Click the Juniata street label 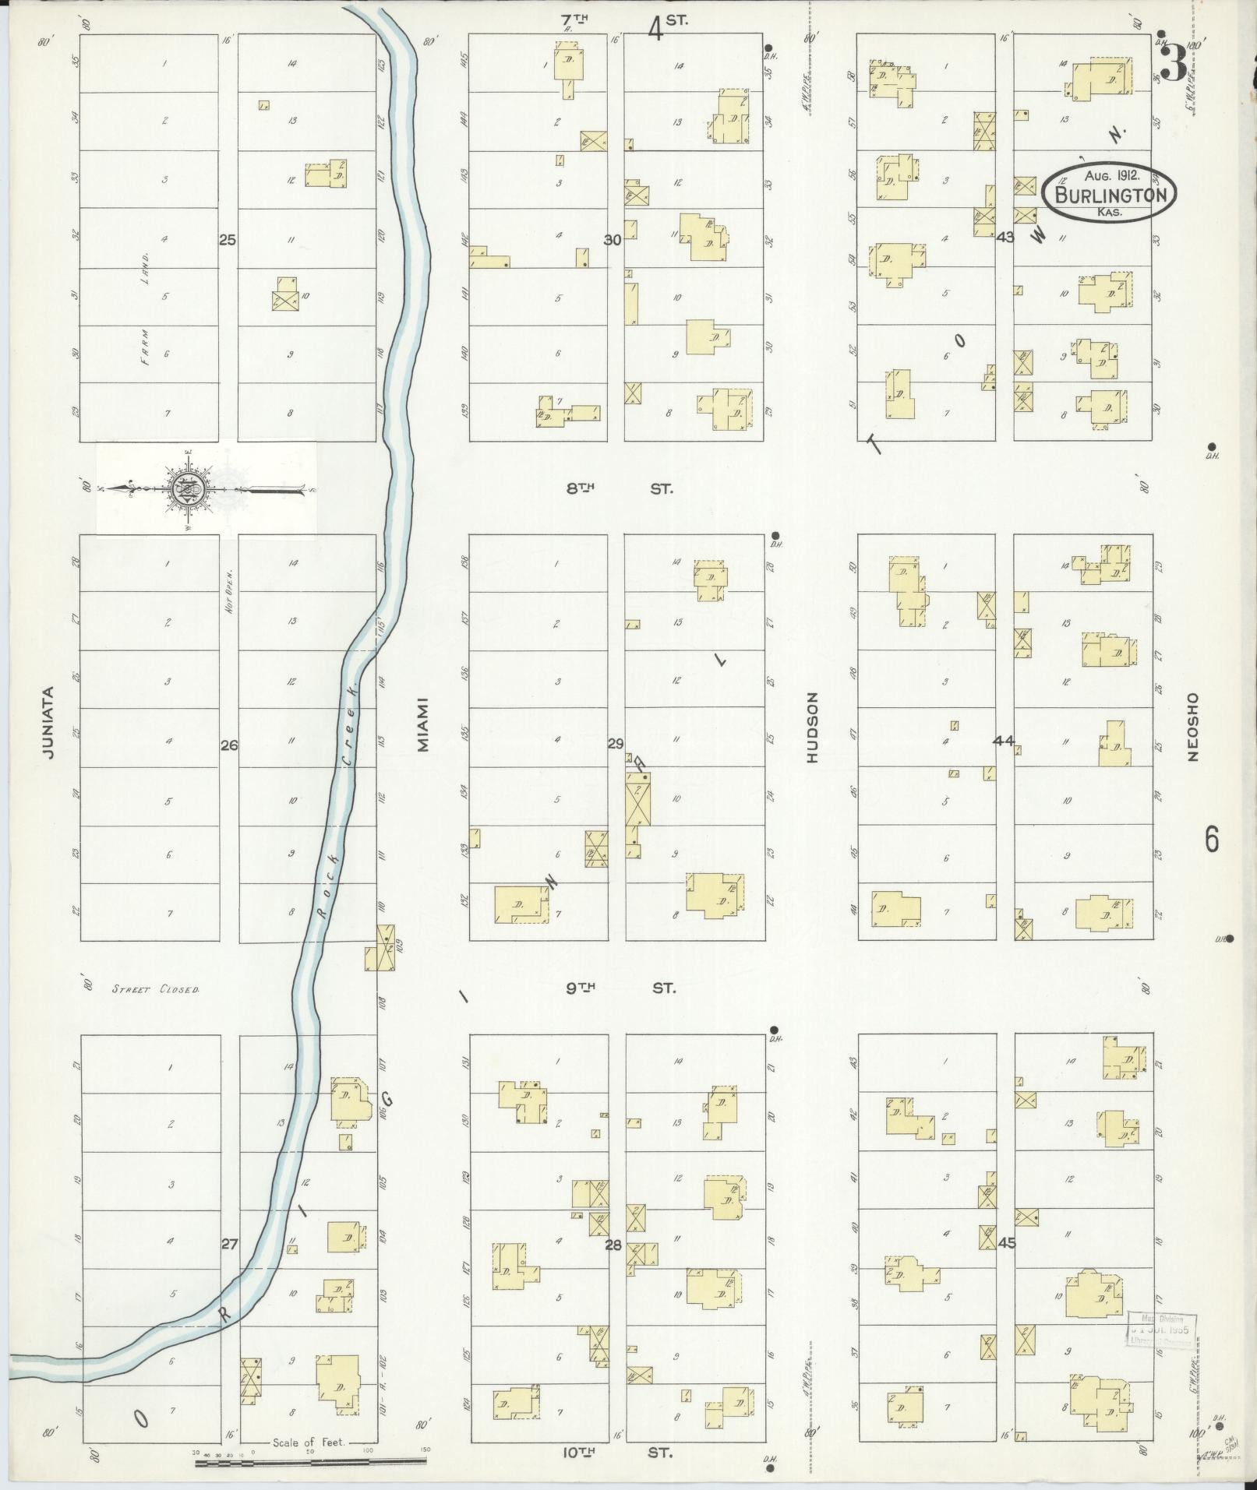coord(49,722)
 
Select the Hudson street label coord(812,727)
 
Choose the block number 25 coord(227,240)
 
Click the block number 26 coord(228,745)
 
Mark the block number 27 coord(228,1244)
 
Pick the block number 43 coord(1005,237)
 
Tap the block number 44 coord(1003,741)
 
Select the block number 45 coord(1007,1243)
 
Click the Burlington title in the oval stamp coord(1110,195)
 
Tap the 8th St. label coord(620,489)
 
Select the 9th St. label coord(620,988)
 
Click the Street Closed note coord(155,990)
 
